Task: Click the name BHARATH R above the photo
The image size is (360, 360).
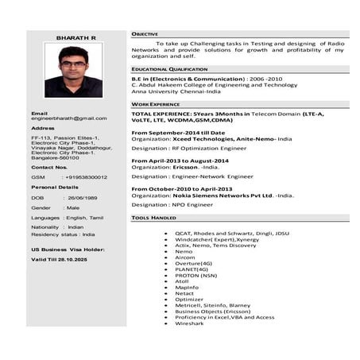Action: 75,37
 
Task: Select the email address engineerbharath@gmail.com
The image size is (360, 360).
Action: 68,118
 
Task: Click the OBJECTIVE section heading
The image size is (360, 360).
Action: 145,34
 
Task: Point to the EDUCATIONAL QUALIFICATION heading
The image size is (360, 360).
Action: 169,69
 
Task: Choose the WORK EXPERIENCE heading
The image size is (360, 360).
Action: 156,104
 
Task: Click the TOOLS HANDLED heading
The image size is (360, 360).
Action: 154,217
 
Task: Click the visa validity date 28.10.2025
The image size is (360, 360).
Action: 70,260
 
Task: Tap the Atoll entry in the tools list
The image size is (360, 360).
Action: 183,281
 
